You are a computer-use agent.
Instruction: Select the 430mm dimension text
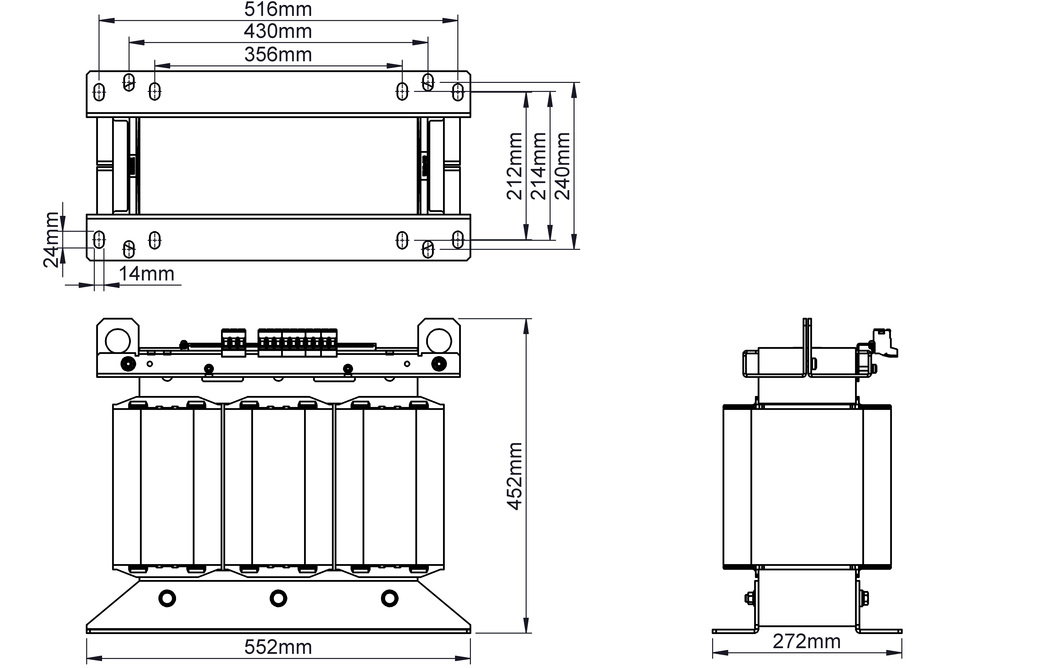[278, 32]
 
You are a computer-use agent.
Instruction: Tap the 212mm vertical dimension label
[514, 166]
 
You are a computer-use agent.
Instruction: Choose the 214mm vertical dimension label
[539, 166]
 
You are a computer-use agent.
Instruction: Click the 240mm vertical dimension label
[563, 166]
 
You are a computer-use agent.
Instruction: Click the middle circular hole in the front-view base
[278, 598]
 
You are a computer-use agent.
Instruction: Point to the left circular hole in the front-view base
[167, 598]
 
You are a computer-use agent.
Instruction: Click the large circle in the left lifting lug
[118, 341]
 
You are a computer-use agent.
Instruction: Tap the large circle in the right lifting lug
[439, 341]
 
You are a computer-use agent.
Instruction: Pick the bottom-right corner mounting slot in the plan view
[458, 240]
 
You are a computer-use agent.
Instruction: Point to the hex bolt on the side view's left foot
[750, 598]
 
